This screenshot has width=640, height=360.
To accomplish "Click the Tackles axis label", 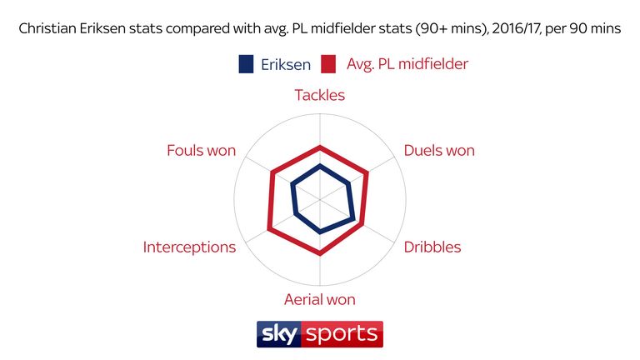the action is (320, 95).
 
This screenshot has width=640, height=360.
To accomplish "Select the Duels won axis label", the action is (439, 150).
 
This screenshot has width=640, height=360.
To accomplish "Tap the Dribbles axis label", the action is (432, 247).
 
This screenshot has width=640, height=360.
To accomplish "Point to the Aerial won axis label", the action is (320, 300).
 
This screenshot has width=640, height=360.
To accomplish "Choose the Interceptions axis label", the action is (189, 247).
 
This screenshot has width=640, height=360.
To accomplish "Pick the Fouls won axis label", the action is (201, 150).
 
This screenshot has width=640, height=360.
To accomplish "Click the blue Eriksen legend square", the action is (246, 64).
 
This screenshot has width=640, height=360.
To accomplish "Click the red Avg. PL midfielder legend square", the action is (328, 64).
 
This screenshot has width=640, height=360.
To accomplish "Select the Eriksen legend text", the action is (286, 64).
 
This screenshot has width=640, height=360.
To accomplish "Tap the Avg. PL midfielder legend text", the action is (407, 64).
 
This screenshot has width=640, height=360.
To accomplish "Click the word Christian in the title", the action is (47, 28).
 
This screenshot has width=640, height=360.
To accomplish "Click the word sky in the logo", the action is (279, 334).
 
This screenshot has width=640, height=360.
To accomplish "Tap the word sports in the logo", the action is (342, 335).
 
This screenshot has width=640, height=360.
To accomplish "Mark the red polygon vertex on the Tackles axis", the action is (320, 146).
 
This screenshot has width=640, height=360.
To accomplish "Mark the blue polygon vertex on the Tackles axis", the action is (320, 165).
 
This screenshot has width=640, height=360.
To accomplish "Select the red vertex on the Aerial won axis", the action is (320, 254).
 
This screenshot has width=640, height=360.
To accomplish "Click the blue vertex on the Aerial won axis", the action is (320, 232).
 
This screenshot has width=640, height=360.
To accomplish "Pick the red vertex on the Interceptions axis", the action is (268, 230).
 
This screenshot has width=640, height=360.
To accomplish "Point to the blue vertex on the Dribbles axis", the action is (354, 219).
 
